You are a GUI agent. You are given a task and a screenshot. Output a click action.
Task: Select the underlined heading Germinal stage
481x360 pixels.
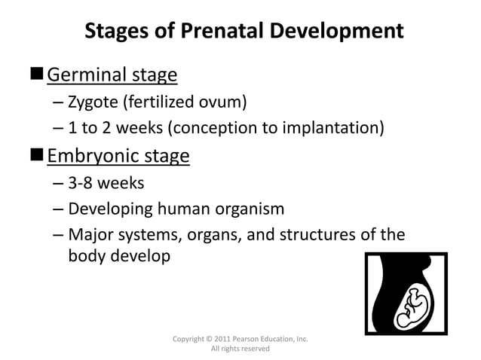(112, 75)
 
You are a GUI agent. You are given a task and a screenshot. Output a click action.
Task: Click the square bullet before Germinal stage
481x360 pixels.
(37, 75)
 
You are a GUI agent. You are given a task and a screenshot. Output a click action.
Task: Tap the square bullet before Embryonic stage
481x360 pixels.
(37, 155)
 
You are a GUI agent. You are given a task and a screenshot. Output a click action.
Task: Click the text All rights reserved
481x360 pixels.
(240, 349)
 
